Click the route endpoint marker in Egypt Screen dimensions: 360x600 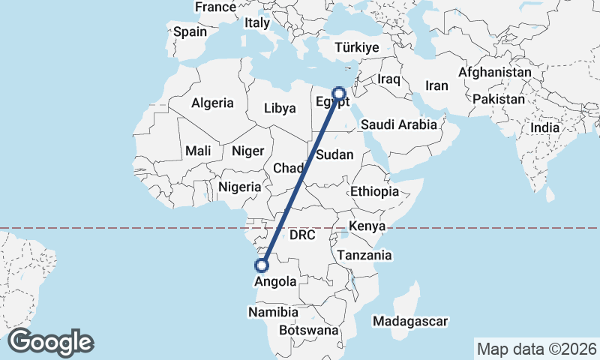[339, 94]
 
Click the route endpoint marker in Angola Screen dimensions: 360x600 [262, 265]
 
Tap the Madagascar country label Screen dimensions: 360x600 [410, 321]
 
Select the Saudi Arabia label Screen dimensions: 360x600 [398, 124]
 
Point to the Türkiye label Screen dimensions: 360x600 [357, 47]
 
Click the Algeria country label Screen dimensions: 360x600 [212, 103]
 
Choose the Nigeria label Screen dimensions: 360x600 [240, 187]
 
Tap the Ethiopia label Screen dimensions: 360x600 [374, 191]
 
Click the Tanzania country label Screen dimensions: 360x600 [364, 255]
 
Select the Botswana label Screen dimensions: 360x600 [308, 330]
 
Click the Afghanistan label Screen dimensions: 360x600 [495, 73]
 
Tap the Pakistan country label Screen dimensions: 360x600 [499, 99]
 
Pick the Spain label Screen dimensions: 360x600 [190, 32]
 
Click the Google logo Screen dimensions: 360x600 [50, 341]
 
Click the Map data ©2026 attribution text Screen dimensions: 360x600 [536, 349]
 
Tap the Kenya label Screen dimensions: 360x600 [367, 226]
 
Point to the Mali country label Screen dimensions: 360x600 [198, 151]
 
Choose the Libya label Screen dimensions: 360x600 [280, 108]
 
